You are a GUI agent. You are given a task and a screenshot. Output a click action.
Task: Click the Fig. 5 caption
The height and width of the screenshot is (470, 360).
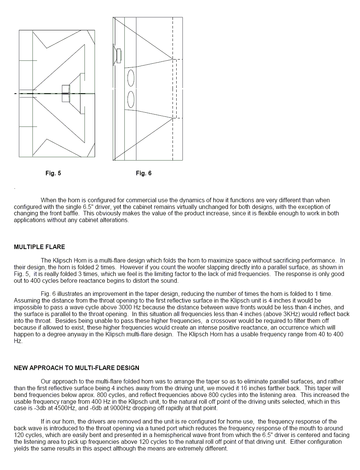pos(53,173)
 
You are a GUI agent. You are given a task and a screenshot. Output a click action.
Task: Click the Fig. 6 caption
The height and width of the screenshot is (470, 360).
pos(144,173)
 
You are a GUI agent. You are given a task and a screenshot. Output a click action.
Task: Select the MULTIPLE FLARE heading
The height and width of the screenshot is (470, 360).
pos(39,247)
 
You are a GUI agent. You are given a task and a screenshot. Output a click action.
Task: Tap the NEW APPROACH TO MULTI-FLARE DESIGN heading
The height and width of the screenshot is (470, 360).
pos(76,368)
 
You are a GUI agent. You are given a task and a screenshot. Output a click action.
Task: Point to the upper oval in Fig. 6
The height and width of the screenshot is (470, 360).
pos(131,78)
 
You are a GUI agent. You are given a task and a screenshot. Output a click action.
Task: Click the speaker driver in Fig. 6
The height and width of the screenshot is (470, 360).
pos(117,55)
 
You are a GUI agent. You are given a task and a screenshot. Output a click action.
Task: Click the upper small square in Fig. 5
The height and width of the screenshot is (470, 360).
pos(66,89)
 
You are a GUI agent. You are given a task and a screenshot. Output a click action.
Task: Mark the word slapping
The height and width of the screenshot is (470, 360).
pos(250,267)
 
